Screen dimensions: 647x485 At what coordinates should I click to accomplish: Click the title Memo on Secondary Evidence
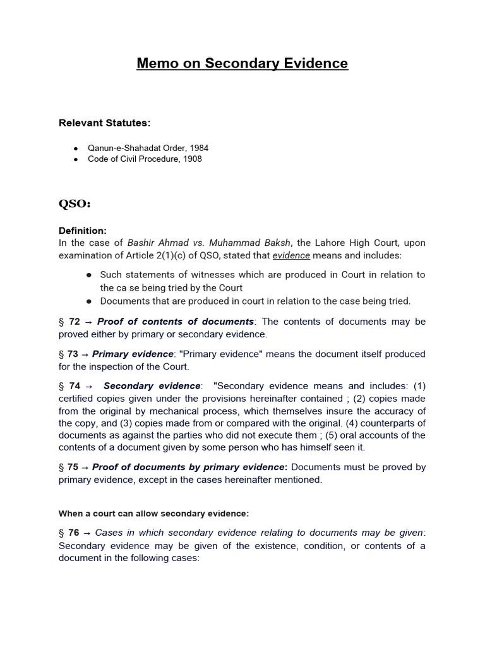pyautogui.click(x=242, y=64)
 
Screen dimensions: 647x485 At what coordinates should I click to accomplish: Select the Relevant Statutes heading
pyautogui.click(x=105, y=122)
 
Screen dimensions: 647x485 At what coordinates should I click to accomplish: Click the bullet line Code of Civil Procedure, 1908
pyautogui.click(x=145, y=159)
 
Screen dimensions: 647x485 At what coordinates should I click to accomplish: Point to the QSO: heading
pyautogui.click(x=75, y=204)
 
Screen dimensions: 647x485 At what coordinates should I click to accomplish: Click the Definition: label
pyautogui.click(x=83, y=231)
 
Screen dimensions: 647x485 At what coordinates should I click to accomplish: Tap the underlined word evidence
pyautogui.click(x=291, y=255)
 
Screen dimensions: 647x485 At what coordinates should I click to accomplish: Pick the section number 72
pyautogui.click(x=75, y=322)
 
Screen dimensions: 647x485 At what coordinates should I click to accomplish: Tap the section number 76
pyautogui.click(x=73, y=533)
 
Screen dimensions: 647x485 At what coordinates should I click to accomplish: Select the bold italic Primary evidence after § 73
pyautogui.click(x=133, y=354)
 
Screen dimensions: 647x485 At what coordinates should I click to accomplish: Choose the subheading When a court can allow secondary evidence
pyautogui.click(x=153, y=514)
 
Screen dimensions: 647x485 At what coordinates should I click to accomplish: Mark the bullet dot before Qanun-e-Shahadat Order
pyautogui.click(x=76, y=148)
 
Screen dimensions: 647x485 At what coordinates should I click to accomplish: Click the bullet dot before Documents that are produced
pyautogui.click(x=89, y=301)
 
